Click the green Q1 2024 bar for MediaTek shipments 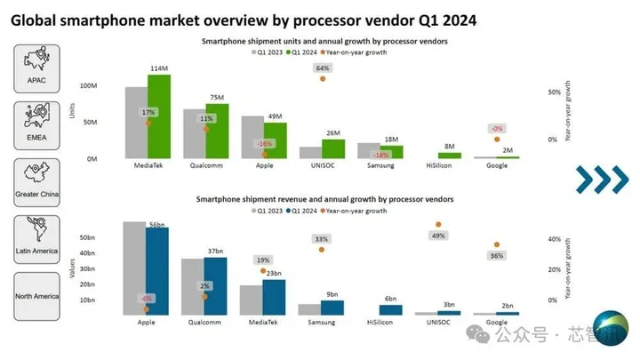coord(159,116)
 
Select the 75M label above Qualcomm coord(217,98)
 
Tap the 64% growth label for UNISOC coord(323,68)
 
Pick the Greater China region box coord(36,182)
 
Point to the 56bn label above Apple coord(157,226)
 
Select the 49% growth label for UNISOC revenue coord(438,236)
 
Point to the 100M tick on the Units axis coord(88,86)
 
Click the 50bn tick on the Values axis coord(87,238)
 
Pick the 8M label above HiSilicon coord(450,146)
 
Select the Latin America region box coord(36,239)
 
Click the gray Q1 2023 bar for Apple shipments coord(252,137)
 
